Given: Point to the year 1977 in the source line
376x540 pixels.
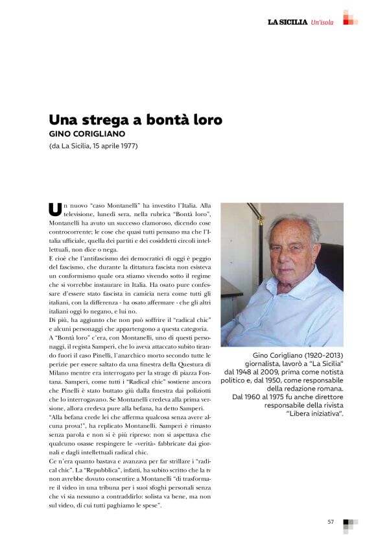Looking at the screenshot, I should point(128,145).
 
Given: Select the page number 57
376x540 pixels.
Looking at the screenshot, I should point(331,521).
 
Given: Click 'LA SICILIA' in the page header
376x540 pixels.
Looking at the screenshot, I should point(288,23).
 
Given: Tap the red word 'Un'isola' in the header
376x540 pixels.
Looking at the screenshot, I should point(322,23).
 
